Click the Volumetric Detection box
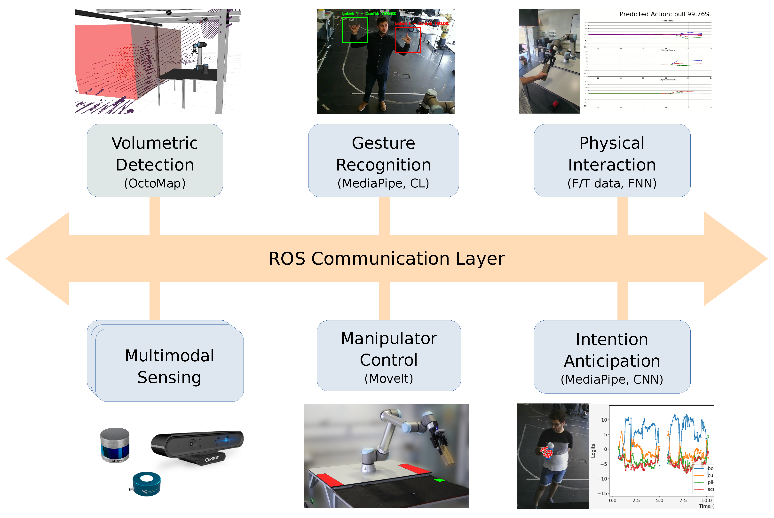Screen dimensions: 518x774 (x=155, y=161)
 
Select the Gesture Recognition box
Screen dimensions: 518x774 (x=383, y=161)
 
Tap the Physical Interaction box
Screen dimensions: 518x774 (x=611, y=161)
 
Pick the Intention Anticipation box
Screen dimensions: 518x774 (x=611, y=356)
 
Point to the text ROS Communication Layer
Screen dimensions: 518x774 (x=386, y=258)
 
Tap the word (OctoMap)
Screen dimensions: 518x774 (x=155, y=183)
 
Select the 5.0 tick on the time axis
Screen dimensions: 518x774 (x=659, y=500)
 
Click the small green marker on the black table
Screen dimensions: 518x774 (x=439, y=480)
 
